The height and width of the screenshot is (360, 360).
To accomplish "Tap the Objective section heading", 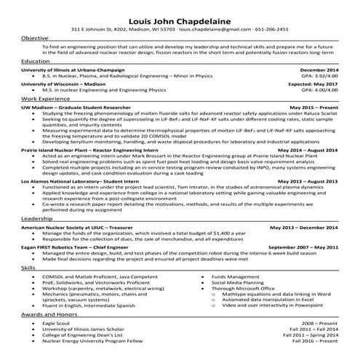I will click(x=35, y=38).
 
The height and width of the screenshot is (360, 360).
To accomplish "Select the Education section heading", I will click(x=36, y=62).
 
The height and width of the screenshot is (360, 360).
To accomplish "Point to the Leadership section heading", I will click(x=36, y=217).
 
